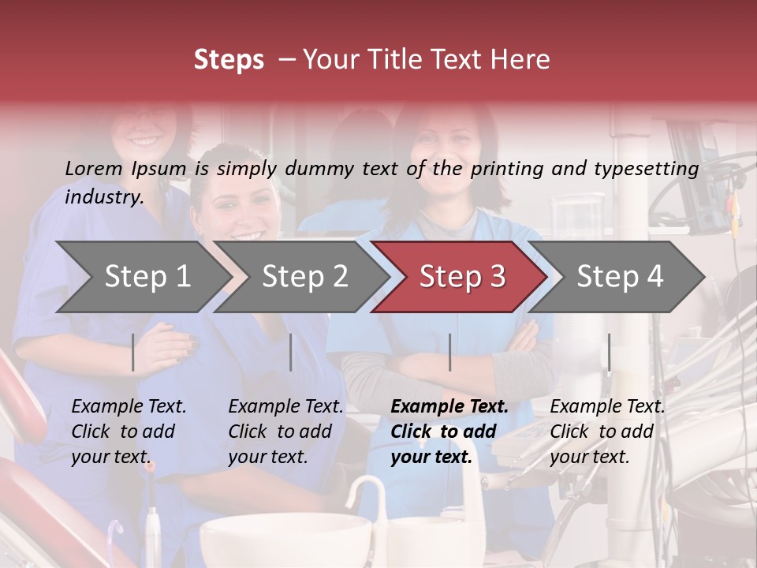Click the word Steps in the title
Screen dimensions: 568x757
(229, 60)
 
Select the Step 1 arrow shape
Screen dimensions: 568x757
(142, 277)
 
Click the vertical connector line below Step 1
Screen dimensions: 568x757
(133, 352)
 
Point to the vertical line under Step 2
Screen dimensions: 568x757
(291, 352)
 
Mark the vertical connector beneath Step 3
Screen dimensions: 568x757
(450, 352)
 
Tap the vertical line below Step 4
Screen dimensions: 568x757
(610, 352)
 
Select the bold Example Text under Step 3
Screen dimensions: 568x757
(449, 432)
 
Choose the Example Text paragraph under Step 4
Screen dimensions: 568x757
(607, 432)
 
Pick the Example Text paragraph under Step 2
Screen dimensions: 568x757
(285, 432)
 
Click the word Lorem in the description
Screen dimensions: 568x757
(94, 168)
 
